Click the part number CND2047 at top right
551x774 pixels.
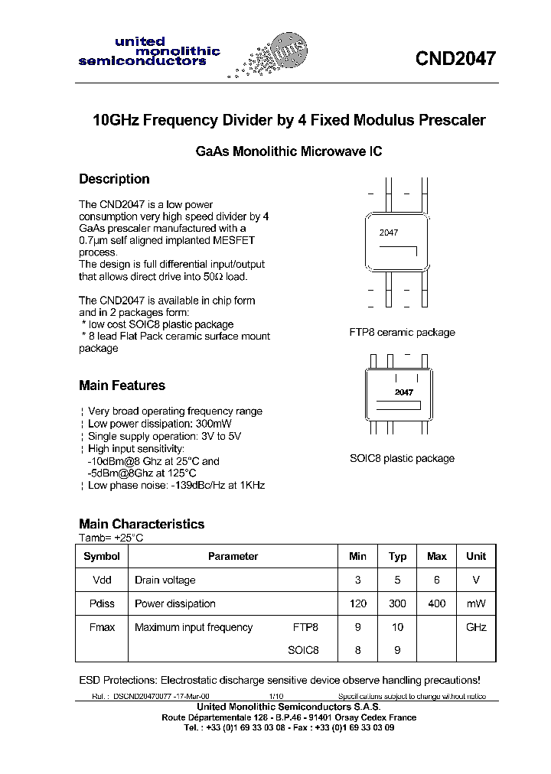(x=455, y=59)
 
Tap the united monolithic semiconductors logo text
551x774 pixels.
(x=149, y=51)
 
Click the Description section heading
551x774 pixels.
(x=114, y=179)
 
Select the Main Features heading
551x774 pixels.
(x=122, y=385)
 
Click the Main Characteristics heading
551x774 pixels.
(x=142, y=524)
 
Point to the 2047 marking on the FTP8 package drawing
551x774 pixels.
(x=389, y=233)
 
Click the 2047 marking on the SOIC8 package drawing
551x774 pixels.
(x=403, y=392)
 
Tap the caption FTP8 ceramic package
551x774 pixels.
(x=402, y=333)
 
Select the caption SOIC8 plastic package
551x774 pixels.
(x=402, y=459)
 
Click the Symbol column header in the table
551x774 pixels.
(x=102, y=557)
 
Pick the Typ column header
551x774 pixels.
(x=397, y=557)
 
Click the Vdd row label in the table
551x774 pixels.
(x=102, y=580)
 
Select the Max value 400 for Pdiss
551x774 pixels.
(x=436, y=603)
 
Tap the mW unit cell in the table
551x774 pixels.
(x=476, y=603)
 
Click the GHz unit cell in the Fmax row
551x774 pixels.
(x=476, y=627)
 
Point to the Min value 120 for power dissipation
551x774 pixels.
(x=357, y=603)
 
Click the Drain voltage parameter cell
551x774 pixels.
(x=165, y=580)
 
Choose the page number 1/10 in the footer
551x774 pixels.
(x=275, y=697)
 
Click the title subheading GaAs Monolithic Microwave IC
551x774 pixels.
(x=289, y=151)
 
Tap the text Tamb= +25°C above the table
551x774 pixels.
(x=111, y=538)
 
